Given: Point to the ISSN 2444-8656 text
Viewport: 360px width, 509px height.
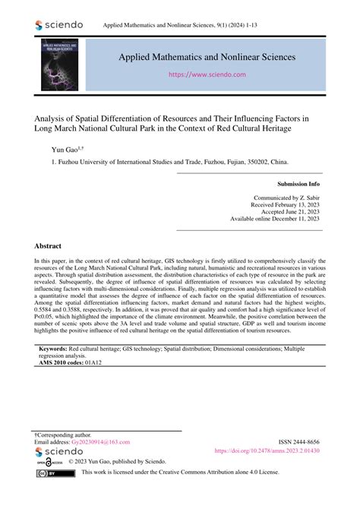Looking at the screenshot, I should pyautogui.click(x=303, y=441).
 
